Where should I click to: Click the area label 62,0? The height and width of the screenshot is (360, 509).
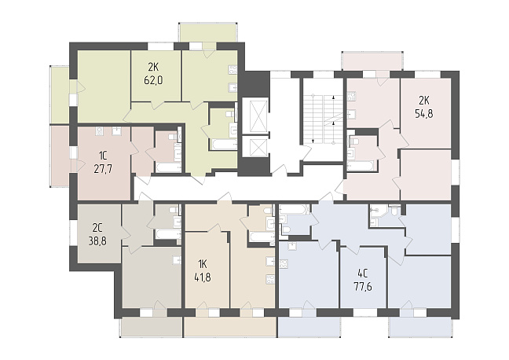coord(153,80)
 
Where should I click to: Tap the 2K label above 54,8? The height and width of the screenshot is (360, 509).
coord(423,101)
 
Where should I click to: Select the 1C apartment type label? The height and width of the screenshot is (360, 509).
coord(103,156)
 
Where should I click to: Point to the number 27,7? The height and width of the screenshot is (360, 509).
coord(103,169)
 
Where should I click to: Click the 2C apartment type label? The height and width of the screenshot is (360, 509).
coord(97,228)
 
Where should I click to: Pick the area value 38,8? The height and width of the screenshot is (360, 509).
coord(97,241)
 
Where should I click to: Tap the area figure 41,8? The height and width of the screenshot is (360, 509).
coord(202,277)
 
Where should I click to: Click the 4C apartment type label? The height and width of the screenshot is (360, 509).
coord(363,274)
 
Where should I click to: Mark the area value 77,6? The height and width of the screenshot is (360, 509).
coord(363,287)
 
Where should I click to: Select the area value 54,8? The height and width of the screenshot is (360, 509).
coord(424,114)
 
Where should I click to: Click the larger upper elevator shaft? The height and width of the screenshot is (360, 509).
coord(255,116)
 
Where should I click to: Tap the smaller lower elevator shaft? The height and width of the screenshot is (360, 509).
coord(255,147)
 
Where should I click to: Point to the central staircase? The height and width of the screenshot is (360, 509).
coord(323,119)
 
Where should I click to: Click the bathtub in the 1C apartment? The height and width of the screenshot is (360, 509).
coord(168,167)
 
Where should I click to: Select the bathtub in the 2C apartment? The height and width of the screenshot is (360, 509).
coord(167,234)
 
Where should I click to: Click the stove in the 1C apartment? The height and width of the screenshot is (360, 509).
coord(99,131)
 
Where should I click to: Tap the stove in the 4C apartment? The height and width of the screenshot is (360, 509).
coord(284,263)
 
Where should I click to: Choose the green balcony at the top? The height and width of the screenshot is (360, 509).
coord(207,32)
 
